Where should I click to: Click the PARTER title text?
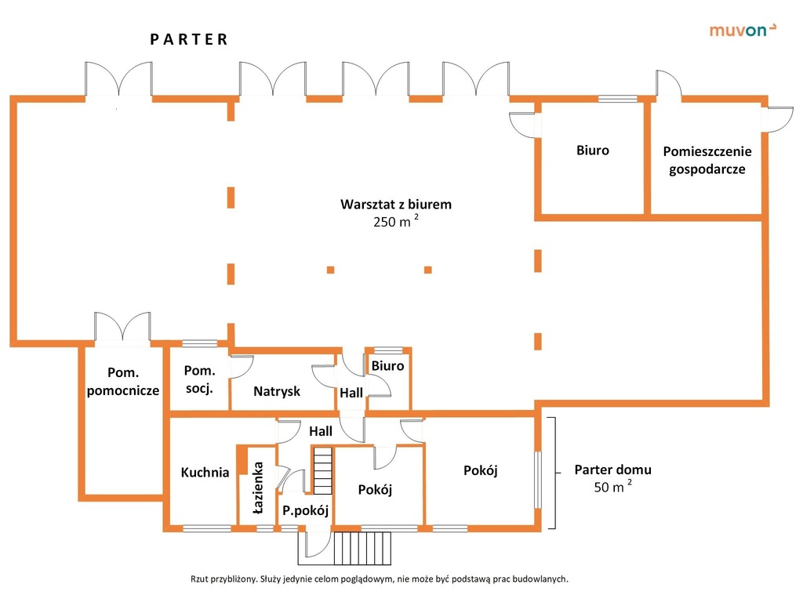pos(189,39)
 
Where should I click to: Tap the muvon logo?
pos(743,31)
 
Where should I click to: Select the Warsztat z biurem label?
pos(396,205)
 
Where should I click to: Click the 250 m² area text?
pos(396,221)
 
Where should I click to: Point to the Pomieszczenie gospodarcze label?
pos(707,160)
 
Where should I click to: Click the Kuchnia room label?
pos(205,472)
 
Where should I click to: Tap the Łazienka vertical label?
pos(257,488)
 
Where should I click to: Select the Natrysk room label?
pos(277,392)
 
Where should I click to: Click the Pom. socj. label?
pos(200,379)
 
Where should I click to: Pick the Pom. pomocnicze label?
pos(123,382)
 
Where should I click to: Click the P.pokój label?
pos(305,510)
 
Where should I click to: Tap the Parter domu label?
pos(613,470)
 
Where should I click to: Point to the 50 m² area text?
pos(613,486)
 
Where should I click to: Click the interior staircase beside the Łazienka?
pos(322,470)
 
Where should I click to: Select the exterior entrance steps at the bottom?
pos(362,548)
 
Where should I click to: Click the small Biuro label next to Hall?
pos(387,366)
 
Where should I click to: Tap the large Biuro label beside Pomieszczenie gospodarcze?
pos(593,150)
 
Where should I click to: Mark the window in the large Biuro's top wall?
pos(618,99)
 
